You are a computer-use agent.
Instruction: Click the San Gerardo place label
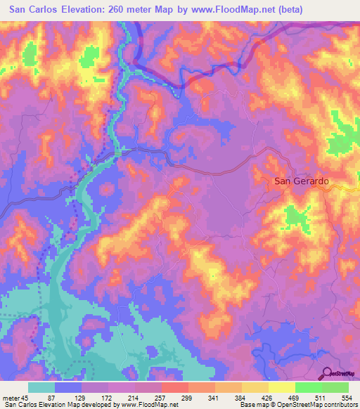(x=301, y=181)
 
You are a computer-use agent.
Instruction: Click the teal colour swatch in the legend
(x=41, y=387)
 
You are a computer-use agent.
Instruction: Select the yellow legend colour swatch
(x=282, y=387)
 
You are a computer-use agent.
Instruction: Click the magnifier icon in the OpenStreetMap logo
(x=328, y=373)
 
